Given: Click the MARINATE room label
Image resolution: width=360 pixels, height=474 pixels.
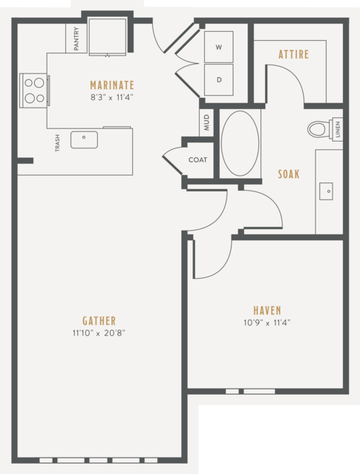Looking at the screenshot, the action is [112, 85].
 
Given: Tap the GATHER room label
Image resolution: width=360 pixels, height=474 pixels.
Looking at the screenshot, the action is [99, 320].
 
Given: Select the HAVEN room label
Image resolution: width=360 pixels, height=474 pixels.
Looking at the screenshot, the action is [267, 311].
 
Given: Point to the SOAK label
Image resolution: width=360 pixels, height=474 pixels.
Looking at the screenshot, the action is [289, 174].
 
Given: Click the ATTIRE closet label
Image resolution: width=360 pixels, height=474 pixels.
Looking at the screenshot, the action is [294, 54].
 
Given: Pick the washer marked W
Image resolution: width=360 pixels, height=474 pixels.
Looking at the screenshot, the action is [219, 47].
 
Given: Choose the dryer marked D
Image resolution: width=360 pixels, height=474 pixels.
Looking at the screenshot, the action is [219, 80].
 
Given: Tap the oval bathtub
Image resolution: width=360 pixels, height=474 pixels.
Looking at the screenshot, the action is [240, 143].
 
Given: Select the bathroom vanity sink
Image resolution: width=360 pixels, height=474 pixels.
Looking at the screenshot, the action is [326, 191].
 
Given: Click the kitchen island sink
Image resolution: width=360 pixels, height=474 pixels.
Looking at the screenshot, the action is [84, 139].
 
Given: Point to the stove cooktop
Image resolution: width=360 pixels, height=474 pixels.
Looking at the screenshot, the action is [34, 90].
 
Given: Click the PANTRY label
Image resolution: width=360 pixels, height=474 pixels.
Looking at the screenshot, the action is [76, 39].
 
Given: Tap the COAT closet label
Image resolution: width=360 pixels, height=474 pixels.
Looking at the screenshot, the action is [198, 159].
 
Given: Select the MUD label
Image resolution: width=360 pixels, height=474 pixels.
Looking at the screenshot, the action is [206, 122].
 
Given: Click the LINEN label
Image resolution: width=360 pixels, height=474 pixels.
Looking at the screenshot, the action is [338, 129].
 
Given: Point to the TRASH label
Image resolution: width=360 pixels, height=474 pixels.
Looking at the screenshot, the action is [57, 143].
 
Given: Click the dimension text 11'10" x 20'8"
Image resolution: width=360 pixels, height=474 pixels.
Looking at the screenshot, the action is [99, 333].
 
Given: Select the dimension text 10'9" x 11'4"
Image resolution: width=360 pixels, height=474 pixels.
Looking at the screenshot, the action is [267, 323].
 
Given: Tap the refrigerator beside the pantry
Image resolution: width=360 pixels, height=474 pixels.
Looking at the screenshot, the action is [108, 36].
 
